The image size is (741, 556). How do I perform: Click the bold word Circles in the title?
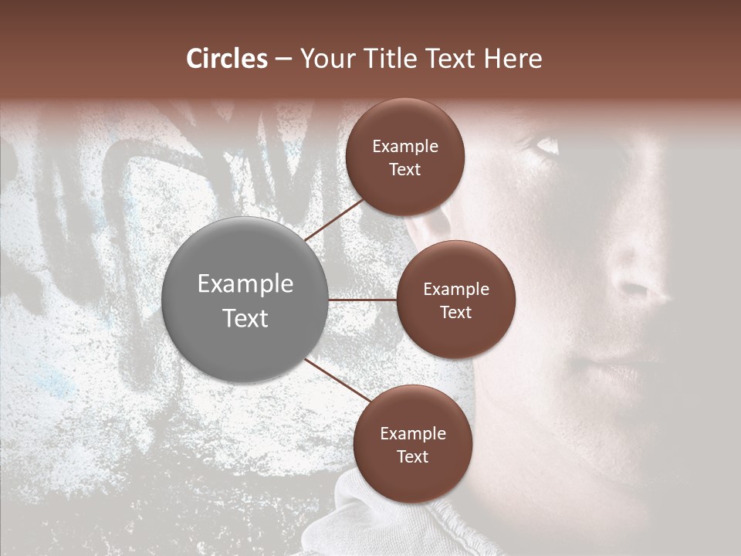pyautogui.click(x=226, y=59)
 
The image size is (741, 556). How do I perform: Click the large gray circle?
pyautogui.click(x=245, y=300)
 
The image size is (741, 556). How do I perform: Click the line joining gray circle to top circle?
pyautogui.click(x=335, y=219)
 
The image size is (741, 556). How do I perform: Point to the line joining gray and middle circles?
pyautogui.click(x=362, y=300)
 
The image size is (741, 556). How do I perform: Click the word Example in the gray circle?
pyautogui.click(x=245, y=284)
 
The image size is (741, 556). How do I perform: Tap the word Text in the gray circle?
pyautogui.click(x=245, y=318)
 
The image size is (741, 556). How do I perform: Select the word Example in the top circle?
pyautogui.click(x=405, y=147)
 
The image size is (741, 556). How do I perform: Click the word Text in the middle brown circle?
pyautogui.click(x=455, y=312)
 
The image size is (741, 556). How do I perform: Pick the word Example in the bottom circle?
pyautogui.click(x=412, y=434)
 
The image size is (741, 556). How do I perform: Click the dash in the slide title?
pyautogui.click(x=283, y=59)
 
